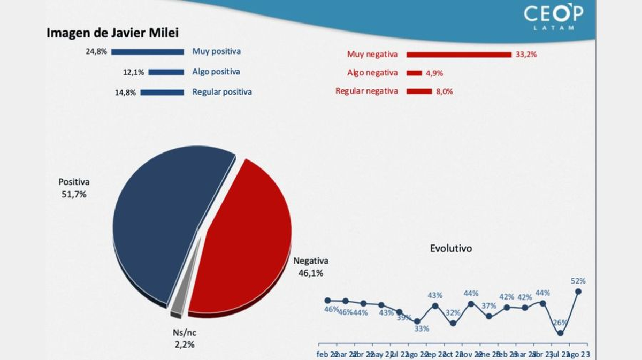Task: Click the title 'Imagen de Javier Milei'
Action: pyautogui.click(x=112, y=33)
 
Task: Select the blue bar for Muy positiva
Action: pyautogui.click(x=148, y=52)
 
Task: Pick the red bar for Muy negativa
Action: pyautogui.click(x=459, y=55)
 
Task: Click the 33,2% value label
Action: pyautogui.click(x=526, y=55)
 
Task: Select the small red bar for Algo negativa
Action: pyautogui.click(x=414, y=73)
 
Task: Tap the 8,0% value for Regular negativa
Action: pyautogui.click(x=444, y=91)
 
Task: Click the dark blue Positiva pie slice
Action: pyautogui.click(x=160, y=225)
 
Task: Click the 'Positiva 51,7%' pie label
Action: pyautogui.click(x=74, y=188)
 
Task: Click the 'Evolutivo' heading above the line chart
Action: pyautogui.click(x=451, y=249)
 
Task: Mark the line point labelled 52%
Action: pyautogui.click(x=578, y=292)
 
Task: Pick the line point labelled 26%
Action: pyautogui.click(x=560, y=333)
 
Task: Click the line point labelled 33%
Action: pyautogui.click(x=417, y=321)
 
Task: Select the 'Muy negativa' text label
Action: pyautogui.click(x=372, y=55)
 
